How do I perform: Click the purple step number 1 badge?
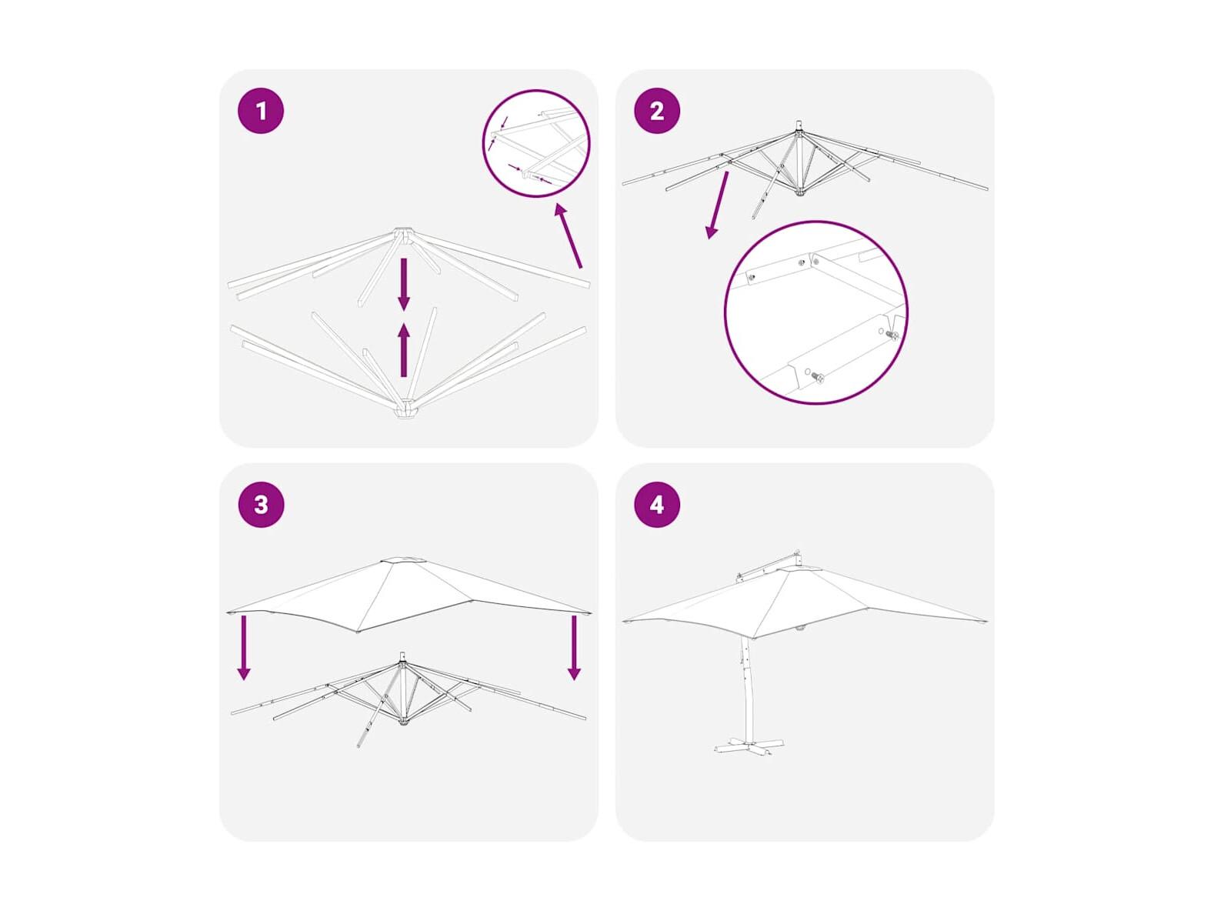[261, 111]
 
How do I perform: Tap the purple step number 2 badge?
[656, 111]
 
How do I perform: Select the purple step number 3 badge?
[261, 505]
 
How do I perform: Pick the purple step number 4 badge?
[656, 505]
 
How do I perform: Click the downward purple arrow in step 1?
[404, 285]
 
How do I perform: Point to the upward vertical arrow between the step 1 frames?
[404, 350]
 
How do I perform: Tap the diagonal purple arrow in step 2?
[717, 205]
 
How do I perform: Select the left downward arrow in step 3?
[244, 648]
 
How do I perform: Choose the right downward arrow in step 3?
[574, 648]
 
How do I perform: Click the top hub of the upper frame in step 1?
[404, 235]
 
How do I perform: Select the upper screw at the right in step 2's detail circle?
[891, 335]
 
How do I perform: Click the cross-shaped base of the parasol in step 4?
[749, 745]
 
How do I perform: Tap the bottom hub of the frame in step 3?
[405, 722]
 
